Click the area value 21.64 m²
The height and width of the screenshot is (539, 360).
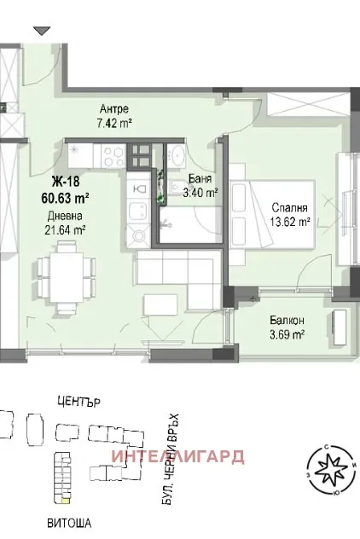(x=67, y=229)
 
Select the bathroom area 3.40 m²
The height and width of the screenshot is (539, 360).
(x=200, y=193)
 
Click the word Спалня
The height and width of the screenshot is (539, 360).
(x=289, y=207)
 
